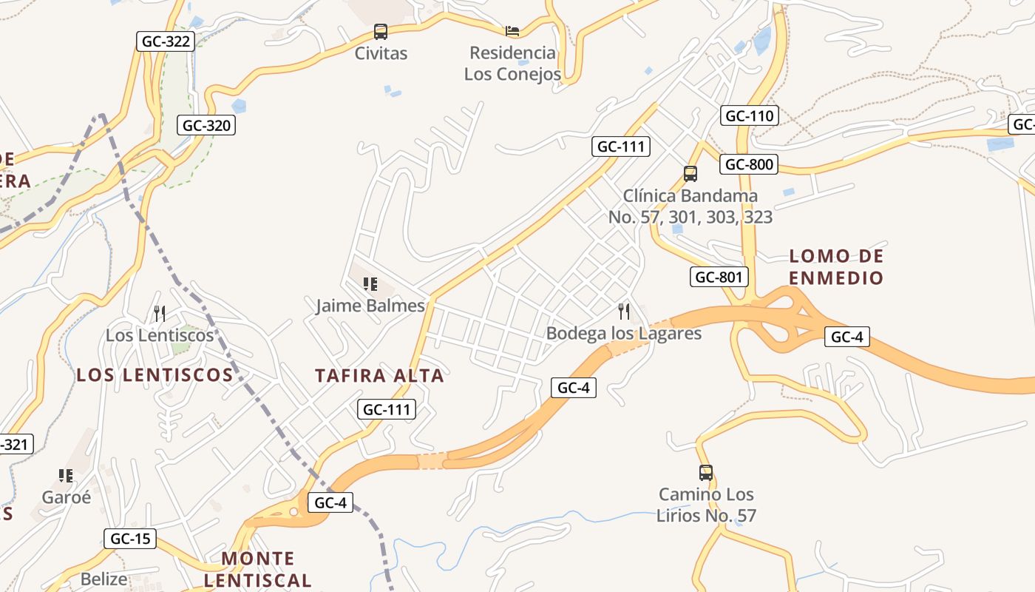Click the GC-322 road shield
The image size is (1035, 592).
coord(166,41)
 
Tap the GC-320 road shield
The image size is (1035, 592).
coord(207,125)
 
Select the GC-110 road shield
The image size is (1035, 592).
coord(750,115)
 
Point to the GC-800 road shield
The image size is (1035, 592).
coord(750,164)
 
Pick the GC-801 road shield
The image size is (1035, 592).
coord(719,277)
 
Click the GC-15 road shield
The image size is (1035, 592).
coord(130,539)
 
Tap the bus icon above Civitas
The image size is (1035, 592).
coord(381,32)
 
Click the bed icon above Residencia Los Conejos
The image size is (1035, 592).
coord(512,31)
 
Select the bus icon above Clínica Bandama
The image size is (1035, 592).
coord(690,174)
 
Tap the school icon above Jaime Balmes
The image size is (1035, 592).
coord(370,283)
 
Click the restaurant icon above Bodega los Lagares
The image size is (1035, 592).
coord(624,312)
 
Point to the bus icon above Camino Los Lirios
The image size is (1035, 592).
coord(706,472)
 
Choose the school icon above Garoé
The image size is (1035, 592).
coord(66,475)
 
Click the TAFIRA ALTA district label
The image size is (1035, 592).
coord(379,376)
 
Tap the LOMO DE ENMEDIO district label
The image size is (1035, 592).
coord(836,267)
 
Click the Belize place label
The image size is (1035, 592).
coord(103,579)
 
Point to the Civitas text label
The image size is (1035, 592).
coord(381,53)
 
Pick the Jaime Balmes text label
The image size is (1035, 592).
coord(370,306)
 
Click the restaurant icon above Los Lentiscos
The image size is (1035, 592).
coord(159,313)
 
